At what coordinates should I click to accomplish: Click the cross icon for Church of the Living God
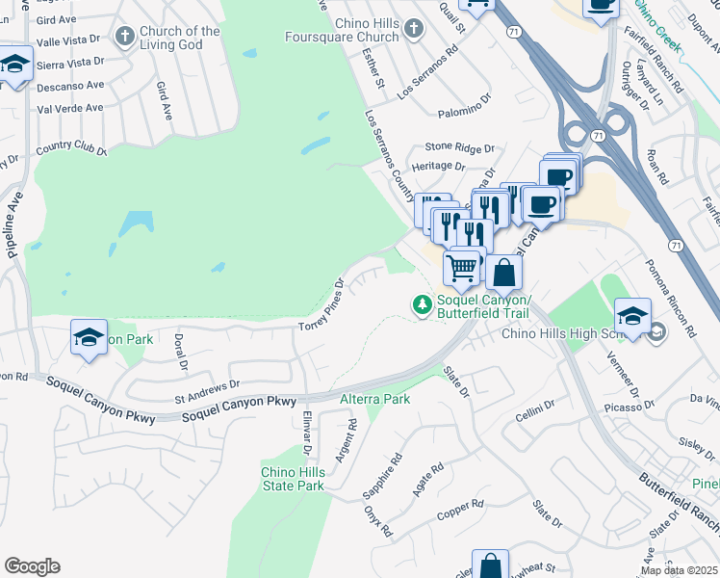pyautogui.click(x=123, y=37)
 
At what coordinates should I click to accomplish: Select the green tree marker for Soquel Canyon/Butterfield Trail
pyautogui.click(x=422, y=304)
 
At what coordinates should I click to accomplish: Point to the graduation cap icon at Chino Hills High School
pyautogui.click(x=633, y=315)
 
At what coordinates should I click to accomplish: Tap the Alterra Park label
pyautogui.click(x=375, y=399)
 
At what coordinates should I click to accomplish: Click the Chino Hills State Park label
pyautogui.click(x=293, y=479)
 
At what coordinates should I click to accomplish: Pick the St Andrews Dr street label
pyautogui.click(x=206, y=390)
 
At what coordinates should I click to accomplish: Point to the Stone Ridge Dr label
pyautogui.click(x=460, y=149)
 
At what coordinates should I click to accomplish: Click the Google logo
pyautogui.click(x=33, y=565)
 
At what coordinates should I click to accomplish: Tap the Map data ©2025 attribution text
pyautogui.click(x=679, y=570)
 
